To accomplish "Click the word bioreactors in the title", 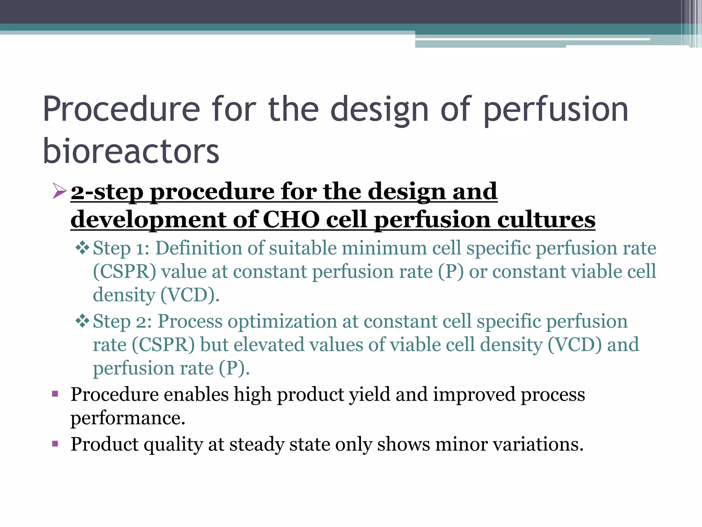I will coord(131,151).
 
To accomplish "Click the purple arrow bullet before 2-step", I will coord(59,191).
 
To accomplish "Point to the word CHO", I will coord(291,220).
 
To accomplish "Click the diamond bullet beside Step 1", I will coord(82,248).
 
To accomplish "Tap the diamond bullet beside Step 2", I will coord(82,321).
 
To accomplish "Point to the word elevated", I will coord(269,344).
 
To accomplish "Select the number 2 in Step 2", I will coord(142,322).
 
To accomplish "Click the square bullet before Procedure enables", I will coord(55,394).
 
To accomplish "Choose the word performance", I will coord(128,418).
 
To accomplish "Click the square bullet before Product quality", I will coord(55,444).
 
